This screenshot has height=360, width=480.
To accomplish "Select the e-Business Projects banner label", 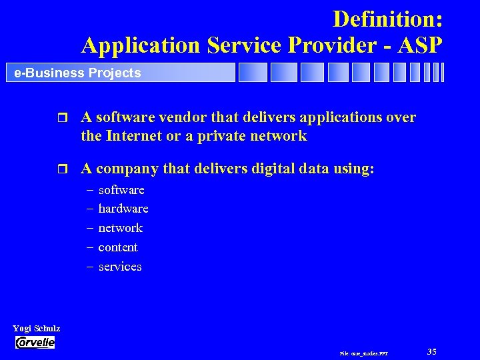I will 77,73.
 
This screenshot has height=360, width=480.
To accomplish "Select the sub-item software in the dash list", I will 121,190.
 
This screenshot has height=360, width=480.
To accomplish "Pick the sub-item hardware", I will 123,209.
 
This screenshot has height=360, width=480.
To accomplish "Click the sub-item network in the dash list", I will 121,228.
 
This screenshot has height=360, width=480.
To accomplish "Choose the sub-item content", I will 118,247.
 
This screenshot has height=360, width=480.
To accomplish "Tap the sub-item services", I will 120,267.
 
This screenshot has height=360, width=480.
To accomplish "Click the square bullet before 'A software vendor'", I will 63,119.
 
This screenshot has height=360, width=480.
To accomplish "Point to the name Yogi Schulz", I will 37,329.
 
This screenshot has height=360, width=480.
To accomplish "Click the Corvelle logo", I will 35,343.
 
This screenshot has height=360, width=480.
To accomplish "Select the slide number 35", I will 431,351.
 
